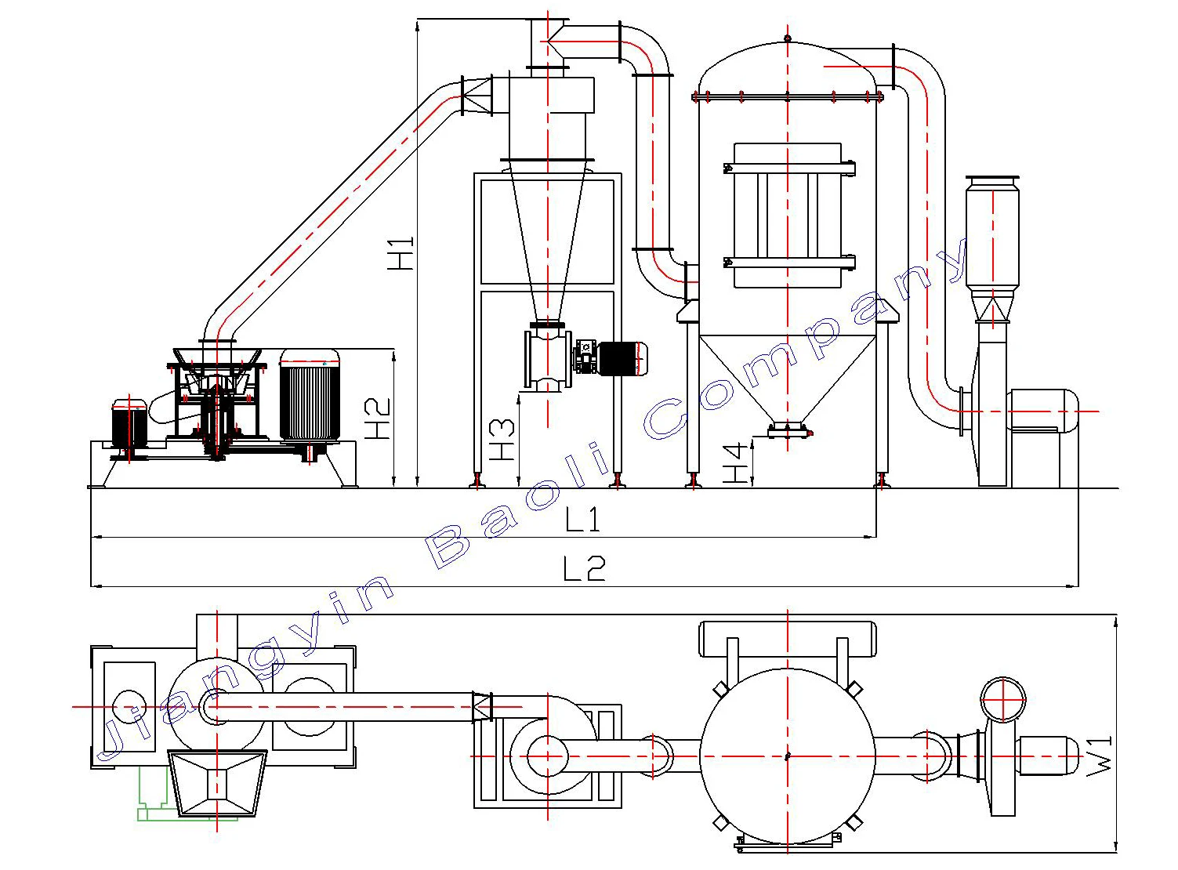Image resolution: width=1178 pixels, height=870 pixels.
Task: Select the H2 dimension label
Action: tap(379, 419)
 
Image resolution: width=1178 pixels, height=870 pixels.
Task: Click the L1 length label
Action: tap(582, 520)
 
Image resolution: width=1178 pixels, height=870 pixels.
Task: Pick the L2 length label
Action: tap(585, 568)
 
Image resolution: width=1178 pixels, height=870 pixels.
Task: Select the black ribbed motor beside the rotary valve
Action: tap(622, 359)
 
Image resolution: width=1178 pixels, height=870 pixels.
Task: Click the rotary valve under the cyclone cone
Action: tap(547, 359)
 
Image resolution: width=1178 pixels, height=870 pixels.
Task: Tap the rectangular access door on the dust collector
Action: tap(787, 216)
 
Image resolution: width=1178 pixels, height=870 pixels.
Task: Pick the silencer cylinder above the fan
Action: tap(992, 235)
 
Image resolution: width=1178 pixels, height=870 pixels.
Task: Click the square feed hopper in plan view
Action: tap(218, 782)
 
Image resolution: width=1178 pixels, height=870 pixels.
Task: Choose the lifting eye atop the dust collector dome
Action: tap(788, 38)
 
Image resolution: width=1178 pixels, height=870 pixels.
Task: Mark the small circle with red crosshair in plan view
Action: tap(1002, 699)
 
